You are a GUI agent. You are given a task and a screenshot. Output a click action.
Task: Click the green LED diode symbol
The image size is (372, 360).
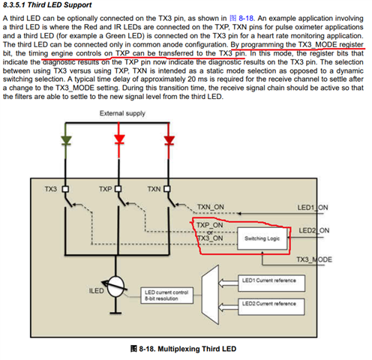[x=66, y=140]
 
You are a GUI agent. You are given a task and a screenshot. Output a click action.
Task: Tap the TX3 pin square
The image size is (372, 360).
[x=65, y=189]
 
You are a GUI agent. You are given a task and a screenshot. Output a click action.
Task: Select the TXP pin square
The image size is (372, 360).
[x=118, y=189]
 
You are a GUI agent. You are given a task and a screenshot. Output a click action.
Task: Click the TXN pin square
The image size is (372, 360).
[x=167, y=189]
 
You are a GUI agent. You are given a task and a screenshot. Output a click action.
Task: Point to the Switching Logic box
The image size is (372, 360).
[x=262, y=238]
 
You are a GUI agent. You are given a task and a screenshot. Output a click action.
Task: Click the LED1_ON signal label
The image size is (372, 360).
[x=313, y=208]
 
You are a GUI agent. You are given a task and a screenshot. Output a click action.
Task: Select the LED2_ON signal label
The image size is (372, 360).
[x=314, y=230]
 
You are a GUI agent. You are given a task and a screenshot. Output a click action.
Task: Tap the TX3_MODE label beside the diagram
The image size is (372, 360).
[x=314, y=259]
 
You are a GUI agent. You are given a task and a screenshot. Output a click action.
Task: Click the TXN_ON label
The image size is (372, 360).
[x=211, y=207]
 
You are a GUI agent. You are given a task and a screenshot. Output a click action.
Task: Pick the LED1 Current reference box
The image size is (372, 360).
[x=271, y=283]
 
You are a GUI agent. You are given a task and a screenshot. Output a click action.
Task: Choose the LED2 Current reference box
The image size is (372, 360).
[x=271, y=307]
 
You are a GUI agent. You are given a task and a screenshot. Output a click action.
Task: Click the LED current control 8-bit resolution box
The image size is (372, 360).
[x=166, y=295]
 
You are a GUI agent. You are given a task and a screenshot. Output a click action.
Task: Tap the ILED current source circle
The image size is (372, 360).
[x=115, y=286]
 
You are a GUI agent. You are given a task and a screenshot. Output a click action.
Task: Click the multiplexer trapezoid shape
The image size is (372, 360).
[x=210, y=295]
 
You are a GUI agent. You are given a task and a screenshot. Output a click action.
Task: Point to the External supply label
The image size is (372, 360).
[x=122, y=113]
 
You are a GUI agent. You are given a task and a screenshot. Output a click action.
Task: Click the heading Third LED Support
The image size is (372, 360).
[x=59, y=5]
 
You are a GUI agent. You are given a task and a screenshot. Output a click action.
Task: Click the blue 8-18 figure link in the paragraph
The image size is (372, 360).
[x=246, y=18]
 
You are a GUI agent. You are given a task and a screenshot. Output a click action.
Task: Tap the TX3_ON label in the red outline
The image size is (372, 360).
[x=210, y=238]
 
